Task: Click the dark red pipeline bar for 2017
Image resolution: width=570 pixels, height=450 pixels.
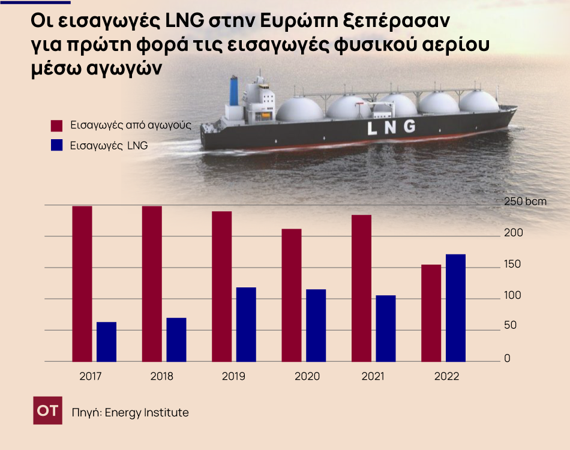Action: pyautogui.click(x=82, y=284)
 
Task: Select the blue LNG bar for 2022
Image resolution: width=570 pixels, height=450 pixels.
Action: pyautogui.click(x=455, y=308)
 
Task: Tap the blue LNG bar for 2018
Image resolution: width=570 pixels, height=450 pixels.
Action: pyautogui.click(x=176, y=340)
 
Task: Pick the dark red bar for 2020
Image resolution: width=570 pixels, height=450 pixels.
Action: pyautogui.click(x=292, y=295)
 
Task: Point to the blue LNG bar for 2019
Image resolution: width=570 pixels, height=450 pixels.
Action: pyautogui.click(x=246, y=325)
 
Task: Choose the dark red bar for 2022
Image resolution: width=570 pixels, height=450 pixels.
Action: pyautogui.click(x=431, y=313)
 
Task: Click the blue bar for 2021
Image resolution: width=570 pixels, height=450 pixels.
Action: pyautogui.click(x=386, y=328)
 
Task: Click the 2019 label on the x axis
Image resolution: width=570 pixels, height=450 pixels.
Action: pyautogui.click(x=233, y=377)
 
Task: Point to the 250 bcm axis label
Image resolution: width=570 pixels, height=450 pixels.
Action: pyautogui.click(x=525, y=202)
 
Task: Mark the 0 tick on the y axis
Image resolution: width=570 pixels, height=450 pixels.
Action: pyautogui.click(x=507, y=359)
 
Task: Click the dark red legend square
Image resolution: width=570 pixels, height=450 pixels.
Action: pyautogui.click(x=56, y=125)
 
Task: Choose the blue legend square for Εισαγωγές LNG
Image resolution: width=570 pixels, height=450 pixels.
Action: pyautogui.click(x=56, y=145)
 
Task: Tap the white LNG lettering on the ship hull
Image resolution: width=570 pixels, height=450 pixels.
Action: pyautogui.click(x=391, y=127)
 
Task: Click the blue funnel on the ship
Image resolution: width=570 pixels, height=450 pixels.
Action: pyautogui.click(x=234, y=91)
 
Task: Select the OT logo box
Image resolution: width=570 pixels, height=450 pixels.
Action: pyautogui.click(x=47, y=411)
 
